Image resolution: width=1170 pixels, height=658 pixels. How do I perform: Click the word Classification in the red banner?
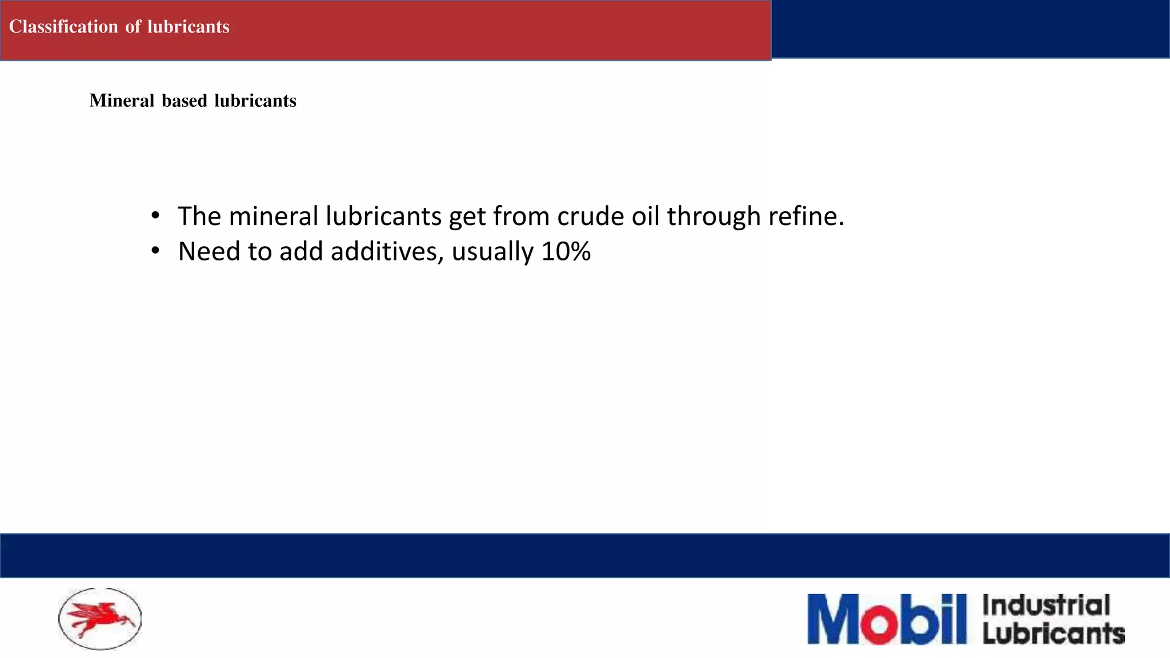(63, 27)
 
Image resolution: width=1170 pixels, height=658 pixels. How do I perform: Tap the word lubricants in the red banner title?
(188, 27)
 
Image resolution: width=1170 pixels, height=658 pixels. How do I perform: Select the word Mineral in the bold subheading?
(122, 101)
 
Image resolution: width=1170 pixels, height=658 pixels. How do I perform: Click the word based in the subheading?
(184, 101)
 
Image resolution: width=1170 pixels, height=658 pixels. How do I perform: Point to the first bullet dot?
(155, 216)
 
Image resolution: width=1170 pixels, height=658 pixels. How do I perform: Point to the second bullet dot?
(155, 251)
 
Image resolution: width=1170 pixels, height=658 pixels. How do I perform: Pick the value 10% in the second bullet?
(566, 251)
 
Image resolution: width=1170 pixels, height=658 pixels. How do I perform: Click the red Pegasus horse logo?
(101, 619)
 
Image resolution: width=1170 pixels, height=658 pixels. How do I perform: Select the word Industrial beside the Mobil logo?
(1046, 605)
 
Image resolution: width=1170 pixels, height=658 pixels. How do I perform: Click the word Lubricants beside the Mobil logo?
(1053, 633)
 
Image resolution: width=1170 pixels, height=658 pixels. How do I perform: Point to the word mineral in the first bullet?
(273, 216)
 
